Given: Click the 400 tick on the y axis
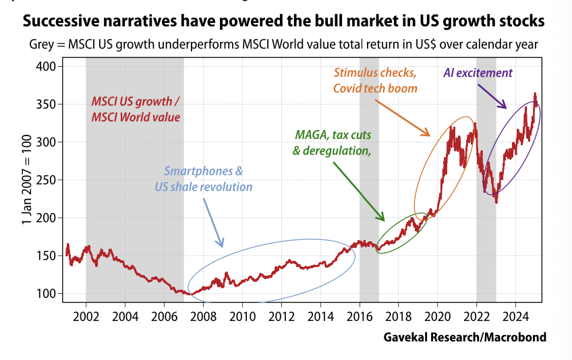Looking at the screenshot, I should [x=46, y=67].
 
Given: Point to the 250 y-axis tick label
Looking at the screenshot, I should [x=46, y=180].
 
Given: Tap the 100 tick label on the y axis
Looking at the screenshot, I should [x=46, y=294].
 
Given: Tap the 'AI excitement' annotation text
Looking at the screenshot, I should [x=478, y=72].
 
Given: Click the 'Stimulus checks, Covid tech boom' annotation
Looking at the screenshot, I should [x=376, y=80].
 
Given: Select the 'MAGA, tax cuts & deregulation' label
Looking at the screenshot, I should [x=333, y=142].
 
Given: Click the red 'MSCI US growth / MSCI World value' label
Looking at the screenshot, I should [x=135, y=110].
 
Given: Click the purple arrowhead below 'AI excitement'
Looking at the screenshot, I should [x=503, y=106].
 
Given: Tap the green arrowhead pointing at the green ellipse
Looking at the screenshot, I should [x=382, y=218].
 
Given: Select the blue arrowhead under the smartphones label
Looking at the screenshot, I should [x=220, y=244].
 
